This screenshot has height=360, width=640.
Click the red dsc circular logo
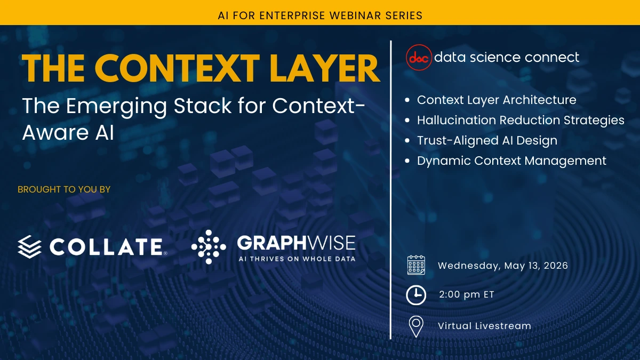click(x=419, y=58)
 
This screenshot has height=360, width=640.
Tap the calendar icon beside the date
click(x=416, y=265)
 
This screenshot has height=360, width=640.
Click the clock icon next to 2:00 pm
click(x=416, y=295)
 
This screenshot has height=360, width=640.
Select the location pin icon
click(x=416, y=326)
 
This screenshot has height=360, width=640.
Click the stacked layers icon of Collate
click(x=30, y=246)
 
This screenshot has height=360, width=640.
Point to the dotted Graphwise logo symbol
click(x=209, y=246)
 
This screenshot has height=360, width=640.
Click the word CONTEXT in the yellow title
click(x=177, y=69)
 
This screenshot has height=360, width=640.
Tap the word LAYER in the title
click(x=325, y=69)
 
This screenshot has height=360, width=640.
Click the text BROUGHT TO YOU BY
click(x=64, y=189)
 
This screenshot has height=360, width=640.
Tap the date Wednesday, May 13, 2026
click(x=503, y=266)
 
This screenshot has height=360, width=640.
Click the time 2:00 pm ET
click(x=466, y=294)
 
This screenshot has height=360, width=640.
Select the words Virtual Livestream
click(x=485, y=326)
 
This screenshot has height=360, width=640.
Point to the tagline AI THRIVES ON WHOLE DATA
click(x=297, y=259)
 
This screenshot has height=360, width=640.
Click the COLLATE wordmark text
click(x=106, y=246)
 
